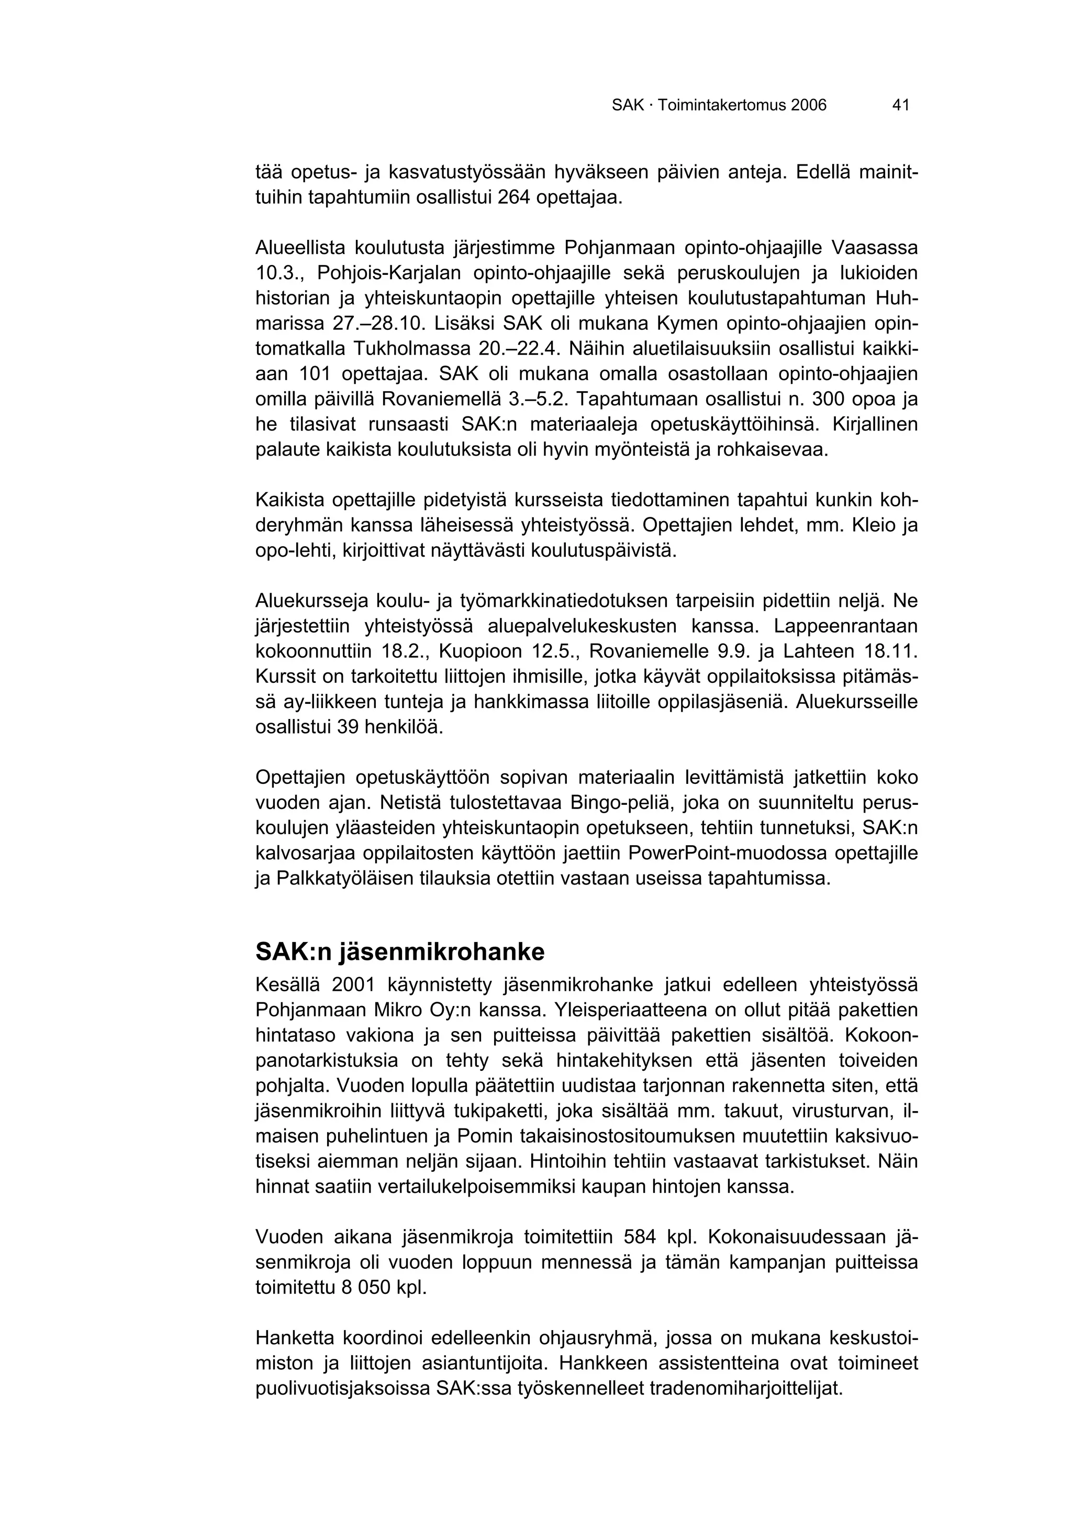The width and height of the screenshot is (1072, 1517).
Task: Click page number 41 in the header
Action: (x=900, y=104)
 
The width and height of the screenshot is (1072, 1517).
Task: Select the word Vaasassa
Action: (x=875, y=248)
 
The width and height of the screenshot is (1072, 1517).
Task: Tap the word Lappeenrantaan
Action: (x=846, y=626)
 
